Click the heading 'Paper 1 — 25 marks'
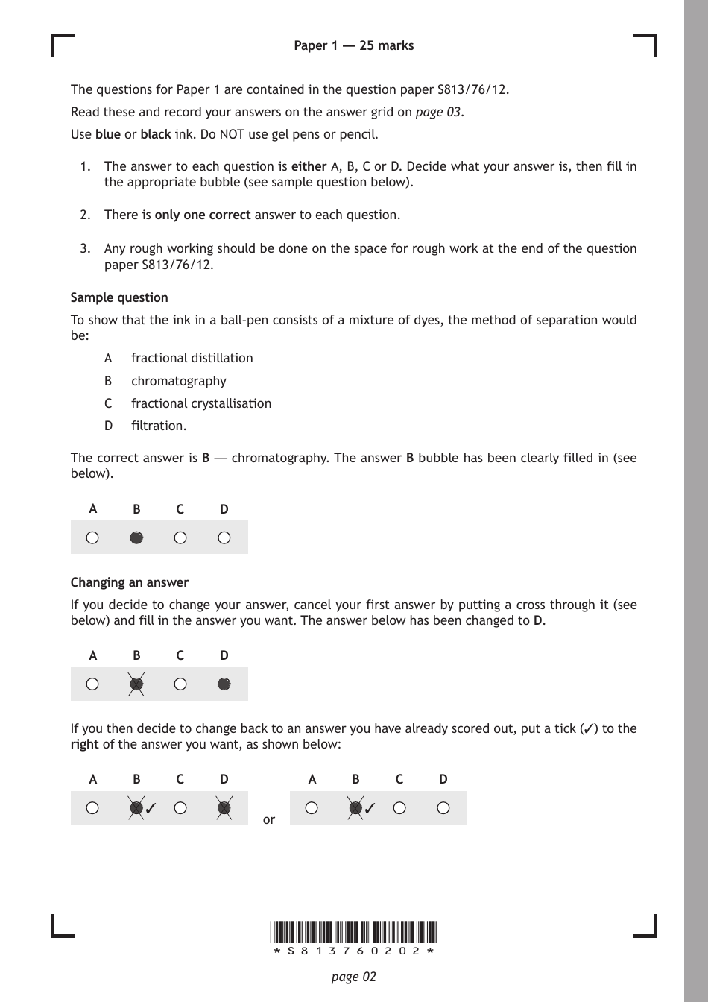353,45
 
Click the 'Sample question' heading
119,297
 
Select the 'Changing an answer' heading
129,582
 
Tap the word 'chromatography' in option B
178,381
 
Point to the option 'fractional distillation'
192,358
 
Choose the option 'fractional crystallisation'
200,403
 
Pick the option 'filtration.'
158,426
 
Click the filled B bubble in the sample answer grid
136,538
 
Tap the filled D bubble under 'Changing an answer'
224,684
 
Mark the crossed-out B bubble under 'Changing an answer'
136,684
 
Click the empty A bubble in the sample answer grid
92,538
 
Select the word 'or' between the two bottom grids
269,819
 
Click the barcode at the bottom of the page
353,933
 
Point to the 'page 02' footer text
353,977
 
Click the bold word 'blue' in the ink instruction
107,134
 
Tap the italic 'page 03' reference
438,112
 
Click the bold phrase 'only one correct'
202,215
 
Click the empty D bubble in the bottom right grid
443,807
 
